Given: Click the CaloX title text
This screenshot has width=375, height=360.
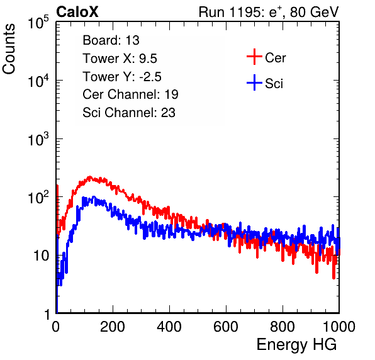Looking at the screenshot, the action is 77,11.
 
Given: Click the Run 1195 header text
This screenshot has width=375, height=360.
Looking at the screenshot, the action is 269,12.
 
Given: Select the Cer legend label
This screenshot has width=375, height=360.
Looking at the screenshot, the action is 275,58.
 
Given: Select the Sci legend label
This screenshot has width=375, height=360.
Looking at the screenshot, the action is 274,84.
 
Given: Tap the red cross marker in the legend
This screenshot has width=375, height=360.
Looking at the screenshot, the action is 254,57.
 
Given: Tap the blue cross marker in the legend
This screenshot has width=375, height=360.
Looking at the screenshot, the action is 254,82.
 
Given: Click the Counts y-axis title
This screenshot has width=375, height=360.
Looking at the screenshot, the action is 9,49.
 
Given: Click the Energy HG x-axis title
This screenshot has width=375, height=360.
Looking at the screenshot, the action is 296,345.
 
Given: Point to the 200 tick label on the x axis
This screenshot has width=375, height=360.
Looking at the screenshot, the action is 113,327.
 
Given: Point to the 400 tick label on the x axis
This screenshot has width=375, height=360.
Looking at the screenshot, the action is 169,327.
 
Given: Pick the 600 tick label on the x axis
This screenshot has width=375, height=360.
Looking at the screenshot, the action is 226,327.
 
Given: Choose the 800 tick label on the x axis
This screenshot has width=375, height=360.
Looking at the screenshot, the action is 283,327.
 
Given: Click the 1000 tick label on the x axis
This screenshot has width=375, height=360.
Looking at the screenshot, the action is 339,327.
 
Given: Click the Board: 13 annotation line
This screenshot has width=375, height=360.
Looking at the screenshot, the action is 111,40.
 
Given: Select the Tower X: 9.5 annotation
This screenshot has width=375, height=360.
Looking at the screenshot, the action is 120,59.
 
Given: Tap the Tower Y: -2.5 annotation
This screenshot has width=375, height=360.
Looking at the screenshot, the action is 122,77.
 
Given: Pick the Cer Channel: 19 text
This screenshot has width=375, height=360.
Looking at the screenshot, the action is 130,94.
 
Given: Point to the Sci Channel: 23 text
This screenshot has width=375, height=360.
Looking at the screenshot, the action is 129,113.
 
